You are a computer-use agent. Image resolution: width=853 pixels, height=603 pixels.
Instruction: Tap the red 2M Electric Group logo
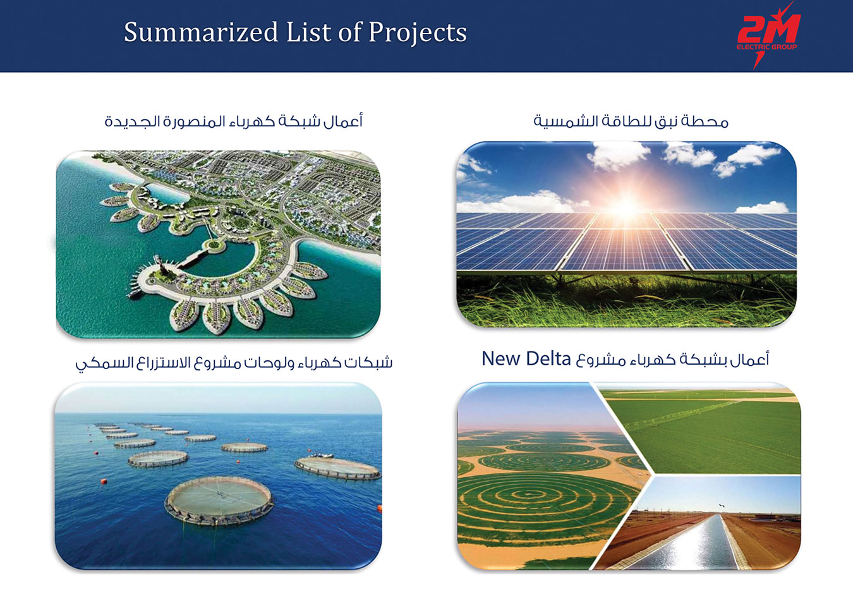tap(768, 35)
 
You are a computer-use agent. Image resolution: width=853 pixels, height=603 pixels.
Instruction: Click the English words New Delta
tap(526, 359)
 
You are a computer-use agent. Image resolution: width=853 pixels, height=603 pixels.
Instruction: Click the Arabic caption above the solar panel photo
tap(631, 121)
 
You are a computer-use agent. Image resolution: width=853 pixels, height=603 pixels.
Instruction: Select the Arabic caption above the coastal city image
tap(233, 121)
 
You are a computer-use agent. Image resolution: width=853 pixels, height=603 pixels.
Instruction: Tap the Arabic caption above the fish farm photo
tap(233, 362)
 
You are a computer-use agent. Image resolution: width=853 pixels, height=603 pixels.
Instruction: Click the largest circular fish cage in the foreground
tap(219, 500)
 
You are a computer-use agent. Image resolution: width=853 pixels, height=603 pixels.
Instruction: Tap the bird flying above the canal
tap(722, 506)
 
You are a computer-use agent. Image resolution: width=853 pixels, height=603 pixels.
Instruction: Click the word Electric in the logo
tap(750, 47)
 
